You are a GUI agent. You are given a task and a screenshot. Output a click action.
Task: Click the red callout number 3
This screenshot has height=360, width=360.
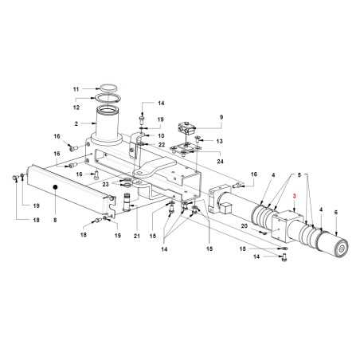(294, 197)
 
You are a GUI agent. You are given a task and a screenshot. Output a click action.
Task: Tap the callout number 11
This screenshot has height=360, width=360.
(76, 89)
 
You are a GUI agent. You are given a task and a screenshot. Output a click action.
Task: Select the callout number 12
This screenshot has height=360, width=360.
(76, 108)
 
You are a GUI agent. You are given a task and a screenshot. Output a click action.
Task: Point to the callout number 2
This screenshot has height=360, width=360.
(76, 123)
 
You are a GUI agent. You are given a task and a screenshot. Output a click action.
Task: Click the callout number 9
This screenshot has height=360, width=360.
(221, 117)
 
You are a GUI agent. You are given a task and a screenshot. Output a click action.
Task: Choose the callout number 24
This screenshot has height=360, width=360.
(221, 161)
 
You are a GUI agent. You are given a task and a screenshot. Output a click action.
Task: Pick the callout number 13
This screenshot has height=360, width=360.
(219, 141)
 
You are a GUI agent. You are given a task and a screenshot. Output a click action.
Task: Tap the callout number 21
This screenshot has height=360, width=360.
(137, 236)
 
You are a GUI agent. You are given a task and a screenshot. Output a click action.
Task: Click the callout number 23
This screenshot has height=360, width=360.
(106, 184)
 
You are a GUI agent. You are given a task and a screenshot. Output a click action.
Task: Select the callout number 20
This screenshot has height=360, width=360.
(245, 226)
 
